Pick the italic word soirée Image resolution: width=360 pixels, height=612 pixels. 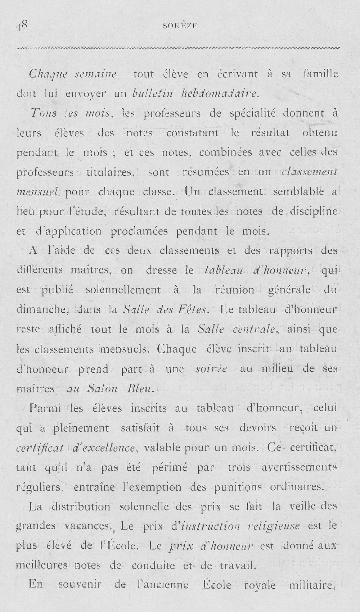click(211, 369)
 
